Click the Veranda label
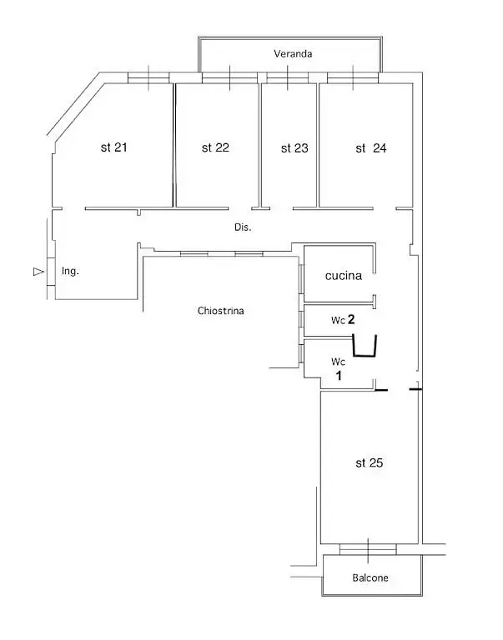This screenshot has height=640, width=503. point(293,53)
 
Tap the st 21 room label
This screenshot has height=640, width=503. point(113,147)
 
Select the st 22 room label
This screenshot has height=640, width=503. point(215,147)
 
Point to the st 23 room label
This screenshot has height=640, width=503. point(294,148)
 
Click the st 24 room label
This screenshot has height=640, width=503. point(370,148)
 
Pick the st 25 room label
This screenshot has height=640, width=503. point(367,463)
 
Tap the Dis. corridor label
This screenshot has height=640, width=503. point(243,227)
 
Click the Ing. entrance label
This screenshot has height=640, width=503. point(71,271)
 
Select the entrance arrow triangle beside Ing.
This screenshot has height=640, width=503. point(37,271)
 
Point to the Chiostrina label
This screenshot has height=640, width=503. point(221,311)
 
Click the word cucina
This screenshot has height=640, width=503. point(343,276)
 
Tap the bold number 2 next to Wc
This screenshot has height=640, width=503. point(352,319)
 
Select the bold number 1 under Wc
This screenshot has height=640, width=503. point(339,376)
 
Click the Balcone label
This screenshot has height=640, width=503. point(370,577)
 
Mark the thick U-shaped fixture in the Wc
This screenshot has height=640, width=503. point(365,345)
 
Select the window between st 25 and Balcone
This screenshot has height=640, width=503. point(368,549)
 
